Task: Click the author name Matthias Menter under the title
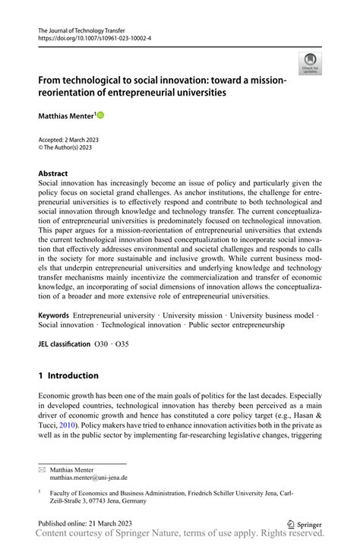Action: (65, 115)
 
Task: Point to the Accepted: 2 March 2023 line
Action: (68, 140)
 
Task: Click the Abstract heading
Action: (52, 173)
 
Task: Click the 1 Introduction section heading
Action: (68, 375)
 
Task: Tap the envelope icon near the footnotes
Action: (42, 469)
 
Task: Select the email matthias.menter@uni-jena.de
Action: (89, 478)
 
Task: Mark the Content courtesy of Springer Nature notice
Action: (180, 535)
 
